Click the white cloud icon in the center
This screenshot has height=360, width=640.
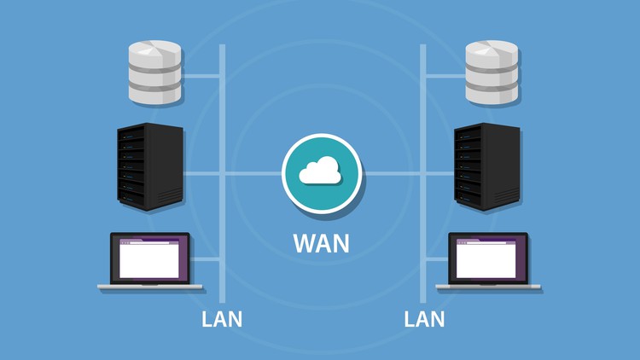coord(320,170)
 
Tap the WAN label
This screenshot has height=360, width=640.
coord(321,243)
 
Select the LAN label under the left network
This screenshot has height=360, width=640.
coord(222,319)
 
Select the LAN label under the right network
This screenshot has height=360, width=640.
coord(424,319)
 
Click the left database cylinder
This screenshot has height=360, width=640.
coord(154,73)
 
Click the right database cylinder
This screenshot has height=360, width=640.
coord(492,73)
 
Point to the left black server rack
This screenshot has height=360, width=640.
coord(150,166)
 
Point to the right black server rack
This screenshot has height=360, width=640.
coord(487,166)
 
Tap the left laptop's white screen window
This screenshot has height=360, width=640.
coord(149,259)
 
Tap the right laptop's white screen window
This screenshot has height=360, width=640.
coord(486,259)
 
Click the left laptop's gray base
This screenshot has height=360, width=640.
coord(150,287)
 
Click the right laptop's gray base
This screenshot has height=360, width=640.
coord(488,287)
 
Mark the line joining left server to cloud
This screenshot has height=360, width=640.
coord(233,174)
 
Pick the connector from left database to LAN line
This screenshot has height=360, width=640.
coord(201,76)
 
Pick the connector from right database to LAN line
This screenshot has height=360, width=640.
coord(445,76)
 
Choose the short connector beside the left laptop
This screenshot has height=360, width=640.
coord(205,259)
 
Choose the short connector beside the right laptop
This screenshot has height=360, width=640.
coord(437,259)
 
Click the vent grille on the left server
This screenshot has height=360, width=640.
coord(170,196)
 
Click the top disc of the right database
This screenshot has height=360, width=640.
coord(492,53)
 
